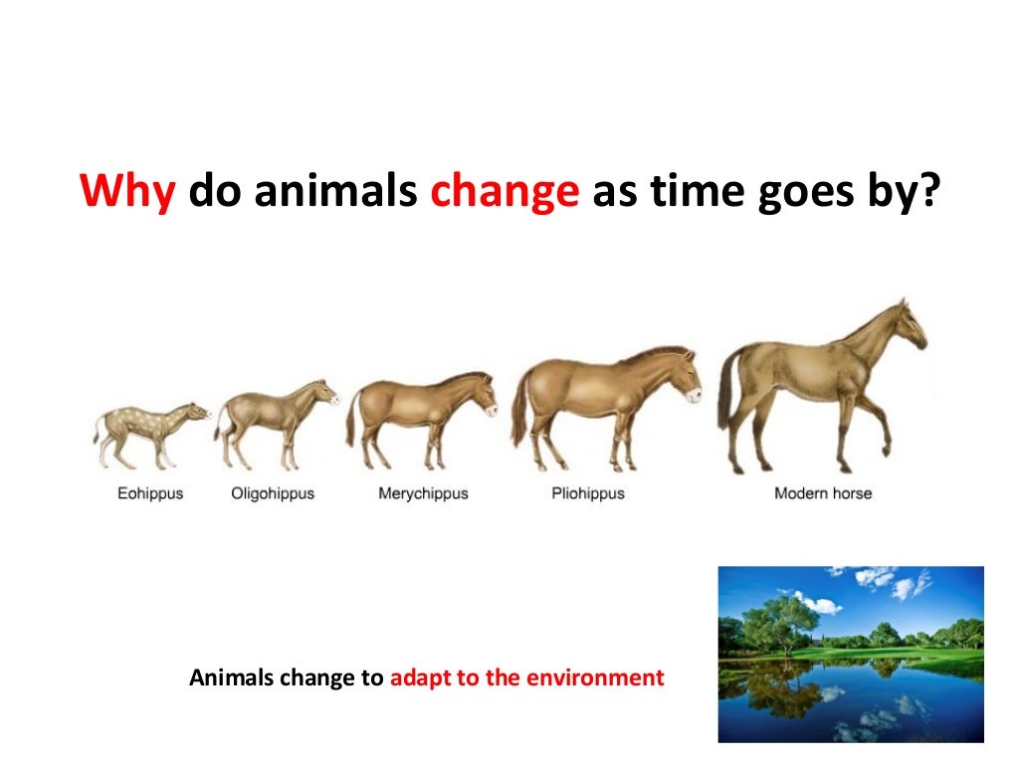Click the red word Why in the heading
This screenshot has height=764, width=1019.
(126, 190)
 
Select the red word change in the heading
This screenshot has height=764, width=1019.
(505, 190)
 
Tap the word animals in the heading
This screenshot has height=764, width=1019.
(334, 190)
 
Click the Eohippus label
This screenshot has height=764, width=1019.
(150, 493)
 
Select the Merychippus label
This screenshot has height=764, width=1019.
(423, 493)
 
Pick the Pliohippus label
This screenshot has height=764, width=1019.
(587, 493)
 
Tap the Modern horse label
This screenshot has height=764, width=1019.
(823, 493)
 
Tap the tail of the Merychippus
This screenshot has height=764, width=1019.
(351, 419)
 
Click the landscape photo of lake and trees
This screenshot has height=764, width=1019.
(851, 654)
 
